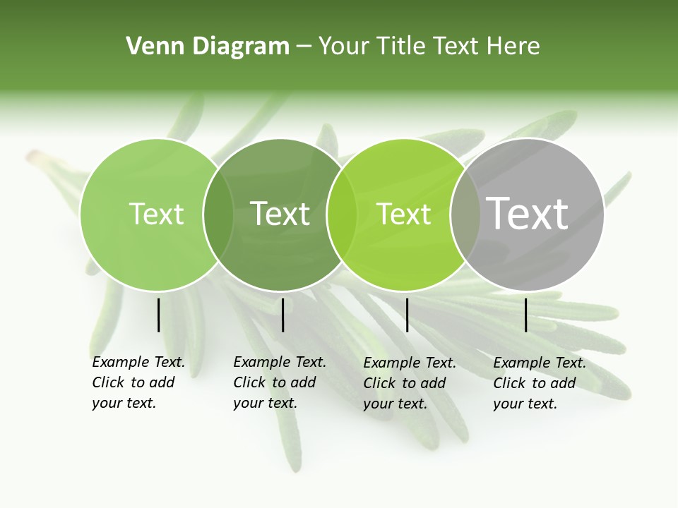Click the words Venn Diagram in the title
208,47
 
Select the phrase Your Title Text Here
429,47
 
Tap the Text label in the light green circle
156,214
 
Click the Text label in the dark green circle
280,214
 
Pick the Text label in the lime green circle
404,214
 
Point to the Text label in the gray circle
528,213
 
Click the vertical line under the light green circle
158,315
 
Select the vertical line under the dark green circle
282,315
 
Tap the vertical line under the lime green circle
407,315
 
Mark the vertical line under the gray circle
525,315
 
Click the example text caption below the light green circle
138,382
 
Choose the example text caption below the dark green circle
280,382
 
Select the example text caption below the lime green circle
410,383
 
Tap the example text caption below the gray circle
540,383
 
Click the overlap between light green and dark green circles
218,214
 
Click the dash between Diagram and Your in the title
304,47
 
